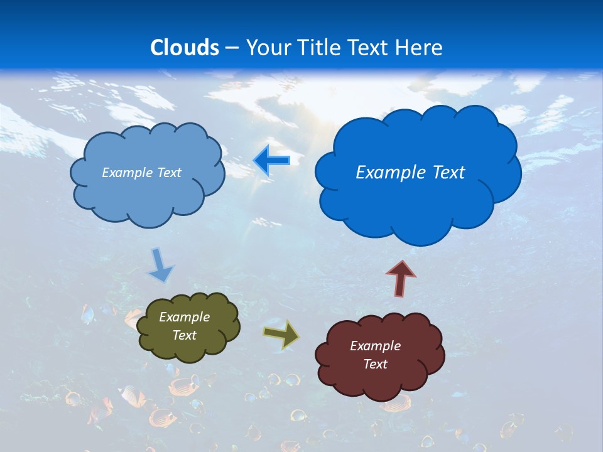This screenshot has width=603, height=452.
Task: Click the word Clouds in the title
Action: click(x=185, y=48)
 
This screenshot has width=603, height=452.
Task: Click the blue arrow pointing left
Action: click(x=272, y=161)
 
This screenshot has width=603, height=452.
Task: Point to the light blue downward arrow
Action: click(x=160, y=265)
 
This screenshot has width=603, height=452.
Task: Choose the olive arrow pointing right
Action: click(x=281, y=334)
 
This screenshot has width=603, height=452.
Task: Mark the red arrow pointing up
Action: click(x=401, y=278)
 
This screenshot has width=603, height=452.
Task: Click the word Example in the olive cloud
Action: click(x=184, y=317)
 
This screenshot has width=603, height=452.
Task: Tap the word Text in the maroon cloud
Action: click(x=375, y=364)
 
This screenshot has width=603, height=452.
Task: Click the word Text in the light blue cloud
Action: click(x=169, y=173)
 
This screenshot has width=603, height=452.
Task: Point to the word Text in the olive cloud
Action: click(x=184, y=335)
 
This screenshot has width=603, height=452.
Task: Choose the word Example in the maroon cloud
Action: click(x=375, y=346)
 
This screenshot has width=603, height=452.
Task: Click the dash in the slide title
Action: click(x=232, y=48)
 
